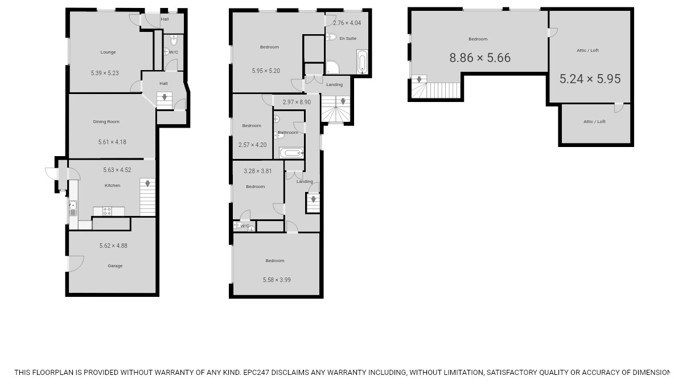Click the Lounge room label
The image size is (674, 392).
tap(108, 52)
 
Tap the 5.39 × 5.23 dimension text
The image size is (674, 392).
tap(105, 73)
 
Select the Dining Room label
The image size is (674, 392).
tap(106, 122)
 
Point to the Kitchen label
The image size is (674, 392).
tap(112, 186)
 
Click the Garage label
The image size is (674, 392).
tap(115, 266)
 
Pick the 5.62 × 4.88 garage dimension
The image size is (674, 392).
tap(113, 246)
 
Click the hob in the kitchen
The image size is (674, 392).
tap(106, 211)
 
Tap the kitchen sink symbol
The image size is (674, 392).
tap(73, 209)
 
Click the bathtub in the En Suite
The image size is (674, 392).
tap(362, 62)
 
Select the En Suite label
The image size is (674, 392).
tap(348, 39)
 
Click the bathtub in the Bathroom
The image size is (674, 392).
tap(291, 153)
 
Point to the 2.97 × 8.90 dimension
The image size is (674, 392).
tap(297, 103)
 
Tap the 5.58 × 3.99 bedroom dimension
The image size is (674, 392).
tap(277, 280)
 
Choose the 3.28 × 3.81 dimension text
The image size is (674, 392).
tap(258, 171)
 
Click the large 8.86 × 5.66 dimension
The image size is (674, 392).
tap(480, 58)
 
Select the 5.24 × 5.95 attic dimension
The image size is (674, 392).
tap(590, 79)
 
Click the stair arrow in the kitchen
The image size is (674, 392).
tap(148, 184)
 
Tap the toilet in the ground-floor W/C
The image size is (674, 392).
tap(174, 40)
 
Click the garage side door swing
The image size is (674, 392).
tap(76, 263)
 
